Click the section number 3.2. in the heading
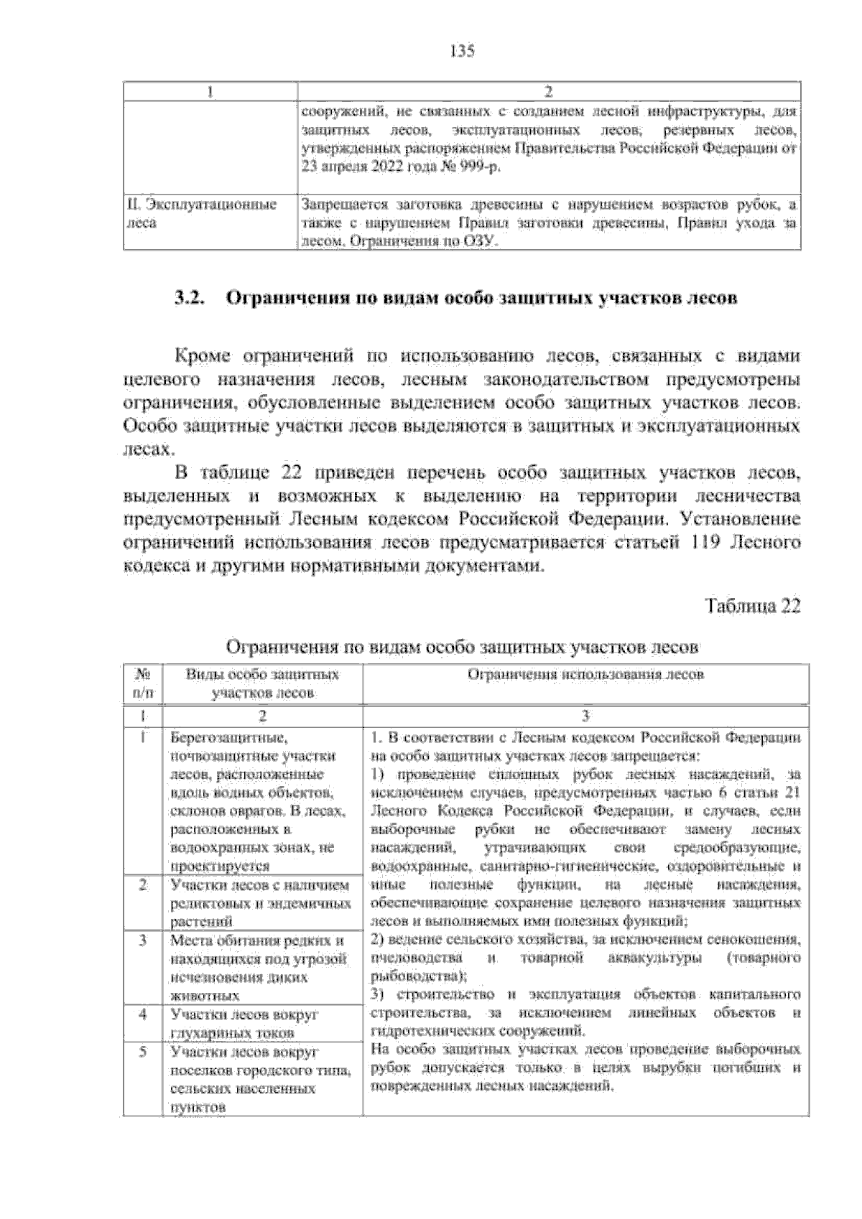pos(192,299)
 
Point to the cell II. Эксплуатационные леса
pos(201,214)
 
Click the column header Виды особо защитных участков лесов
pos(262,683)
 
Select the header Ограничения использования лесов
pos(585,674)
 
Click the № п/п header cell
pos(142,683)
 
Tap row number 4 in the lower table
pos(142,1014)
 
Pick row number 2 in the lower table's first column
pos(142,884)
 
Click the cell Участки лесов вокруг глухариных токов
pos(244,1024)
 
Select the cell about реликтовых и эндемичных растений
pos(260,903)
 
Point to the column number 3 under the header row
pos(585,716)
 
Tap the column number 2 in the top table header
pos(548,91)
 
